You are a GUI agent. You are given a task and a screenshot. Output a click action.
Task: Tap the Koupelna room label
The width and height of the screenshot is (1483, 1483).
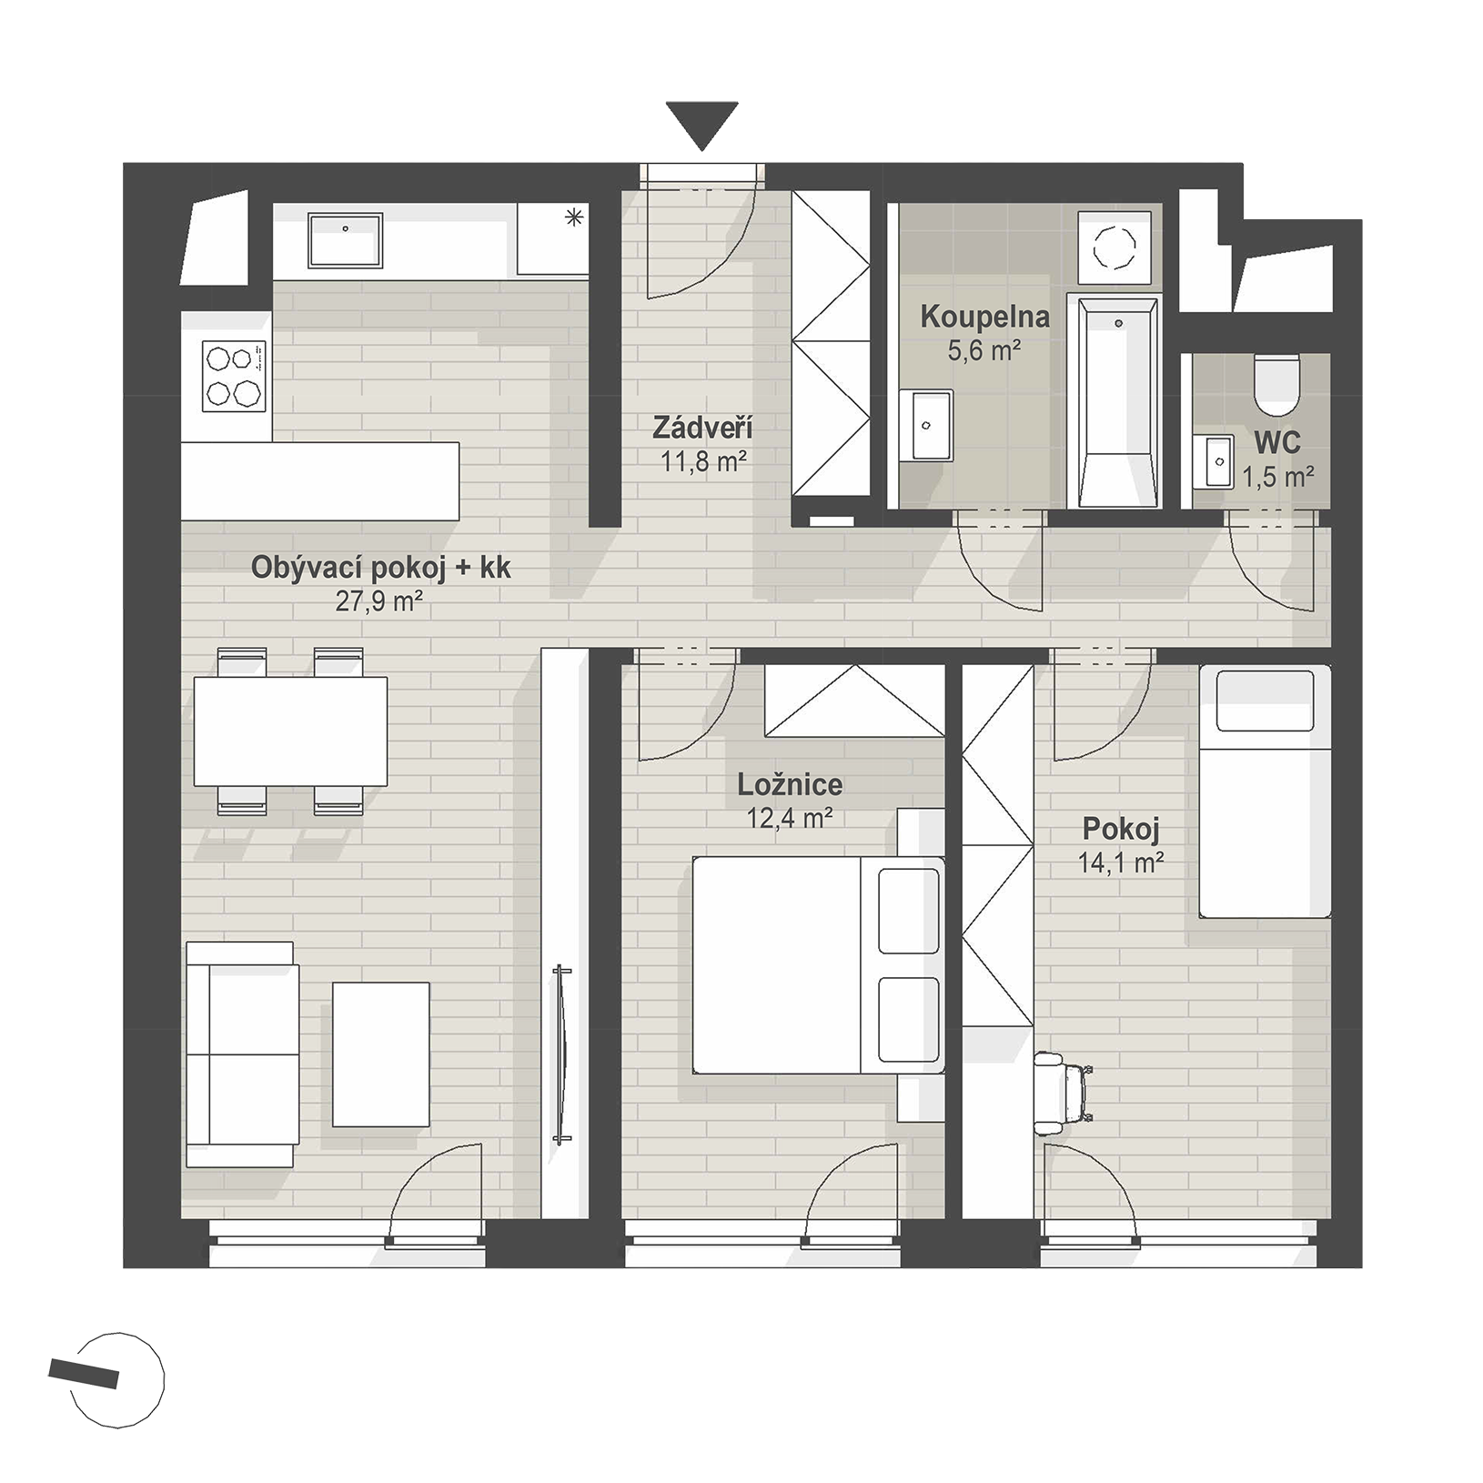(984, 318)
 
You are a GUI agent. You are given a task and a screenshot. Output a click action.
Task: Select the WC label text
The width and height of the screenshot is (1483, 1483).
(1277, 443)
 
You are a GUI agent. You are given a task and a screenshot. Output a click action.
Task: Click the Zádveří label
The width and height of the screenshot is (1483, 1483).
(702, 427)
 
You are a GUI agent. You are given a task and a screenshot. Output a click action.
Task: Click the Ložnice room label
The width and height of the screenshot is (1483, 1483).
(790, 784)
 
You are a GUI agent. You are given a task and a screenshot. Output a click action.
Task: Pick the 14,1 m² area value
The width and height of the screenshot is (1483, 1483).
(1121, 863)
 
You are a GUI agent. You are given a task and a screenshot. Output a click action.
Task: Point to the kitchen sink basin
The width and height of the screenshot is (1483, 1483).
(345, 240)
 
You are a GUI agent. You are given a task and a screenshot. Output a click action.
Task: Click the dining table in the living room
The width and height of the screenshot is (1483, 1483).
(290, 731)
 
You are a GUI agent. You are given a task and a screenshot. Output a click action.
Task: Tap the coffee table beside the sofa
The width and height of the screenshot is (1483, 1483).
(380, 1054)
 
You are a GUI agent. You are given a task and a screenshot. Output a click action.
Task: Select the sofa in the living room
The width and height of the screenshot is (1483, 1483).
(241, 1054)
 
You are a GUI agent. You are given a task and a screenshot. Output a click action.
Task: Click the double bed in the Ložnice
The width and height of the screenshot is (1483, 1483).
(817, 964)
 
